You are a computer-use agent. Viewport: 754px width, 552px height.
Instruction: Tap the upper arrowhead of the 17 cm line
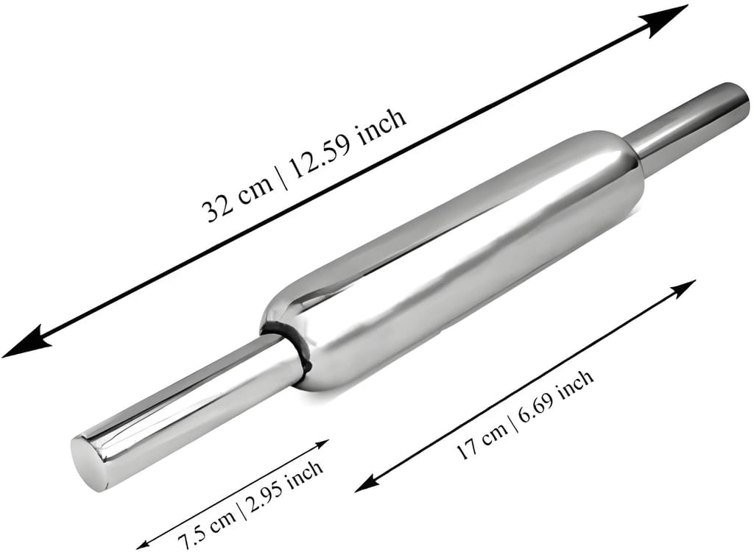coord(682,289)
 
